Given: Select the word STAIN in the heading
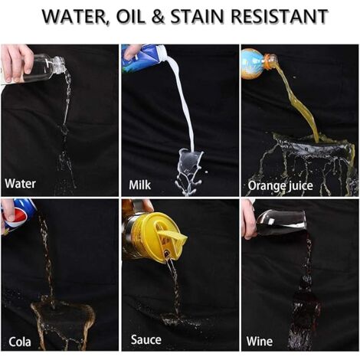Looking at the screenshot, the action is (197, 16).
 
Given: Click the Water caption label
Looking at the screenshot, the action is (20, 184).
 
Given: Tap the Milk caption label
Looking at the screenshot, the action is (139, 185).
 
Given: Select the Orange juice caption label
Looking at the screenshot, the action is (280, 185).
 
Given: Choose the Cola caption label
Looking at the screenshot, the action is (20, 342).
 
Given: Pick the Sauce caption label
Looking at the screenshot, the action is (146, 339).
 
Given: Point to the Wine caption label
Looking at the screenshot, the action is (260, 342).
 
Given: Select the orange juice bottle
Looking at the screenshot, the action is (258, 64).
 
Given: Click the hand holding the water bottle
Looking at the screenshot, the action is (16, 63).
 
